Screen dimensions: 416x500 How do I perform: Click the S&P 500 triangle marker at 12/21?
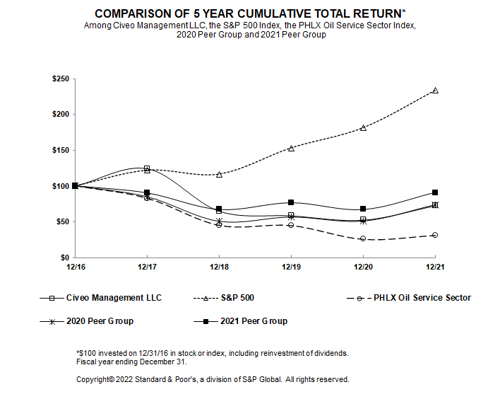click(x=435, y=91)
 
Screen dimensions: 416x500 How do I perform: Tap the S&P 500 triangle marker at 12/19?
click(x=291, y=148)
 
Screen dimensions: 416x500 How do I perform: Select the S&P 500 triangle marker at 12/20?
click(x=363, y=127)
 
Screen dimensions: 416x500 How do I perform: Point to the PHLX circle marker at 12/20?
click(x=363, y=238)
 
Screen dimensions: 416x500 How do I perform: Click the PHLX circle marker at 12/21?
click(x=435, y=235)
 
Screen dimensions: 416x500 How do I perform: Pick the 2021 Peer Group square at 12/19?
click(x=291, y=202)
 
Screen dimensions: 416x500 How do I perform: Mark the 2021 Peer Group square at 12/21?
click(x=435, y=192)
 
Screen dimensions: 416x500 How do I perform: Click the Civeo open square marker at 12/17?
click(x=147, y=168)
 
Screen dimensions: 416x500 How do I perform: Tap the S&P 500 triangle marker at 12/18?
click(x=219, y=174)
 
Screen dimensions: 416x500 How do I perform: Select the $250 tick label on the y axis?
click(x=60, y=79)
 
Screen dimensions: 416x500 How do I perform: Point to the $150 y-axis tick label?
click(x=60, y=150)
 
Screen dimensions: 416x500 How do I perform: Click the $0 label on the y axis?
click(x=64, y=258)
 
